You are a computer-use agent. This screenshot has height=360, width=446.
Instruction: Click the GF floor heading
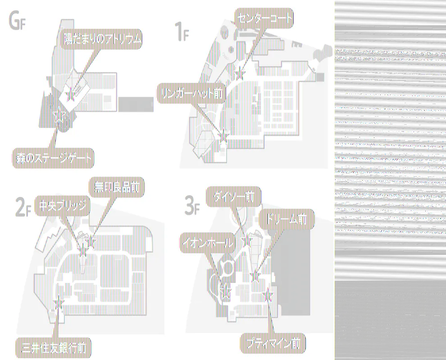(17, 21)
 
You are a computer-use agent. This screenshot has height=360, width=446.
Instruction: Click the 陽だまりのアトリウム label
(102, 40)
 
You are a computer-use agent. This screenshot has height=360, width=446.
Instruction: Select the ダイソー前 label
(233, 196)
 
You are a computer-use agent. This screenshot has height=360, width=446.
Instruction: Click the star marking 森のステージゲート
(58, 116)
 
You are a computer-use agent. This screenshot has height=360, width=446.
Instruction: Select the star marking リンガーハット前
(223, 133)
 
